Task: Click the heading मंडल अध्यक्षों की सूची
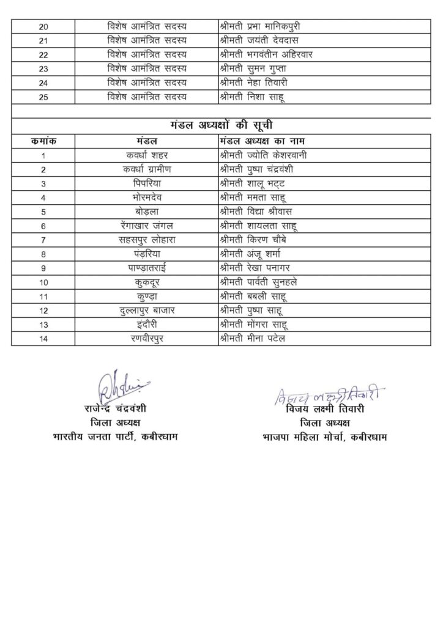click(221, 125)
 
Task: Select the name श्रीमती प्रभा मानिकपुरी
click(261, 26)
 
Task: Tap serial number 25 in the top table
click(43, 96)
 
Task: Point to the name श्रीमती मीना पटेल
click(251, 337)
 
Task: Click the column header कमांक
click(43, 141)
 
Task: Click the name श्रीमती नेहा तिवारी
click(251, 83)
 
